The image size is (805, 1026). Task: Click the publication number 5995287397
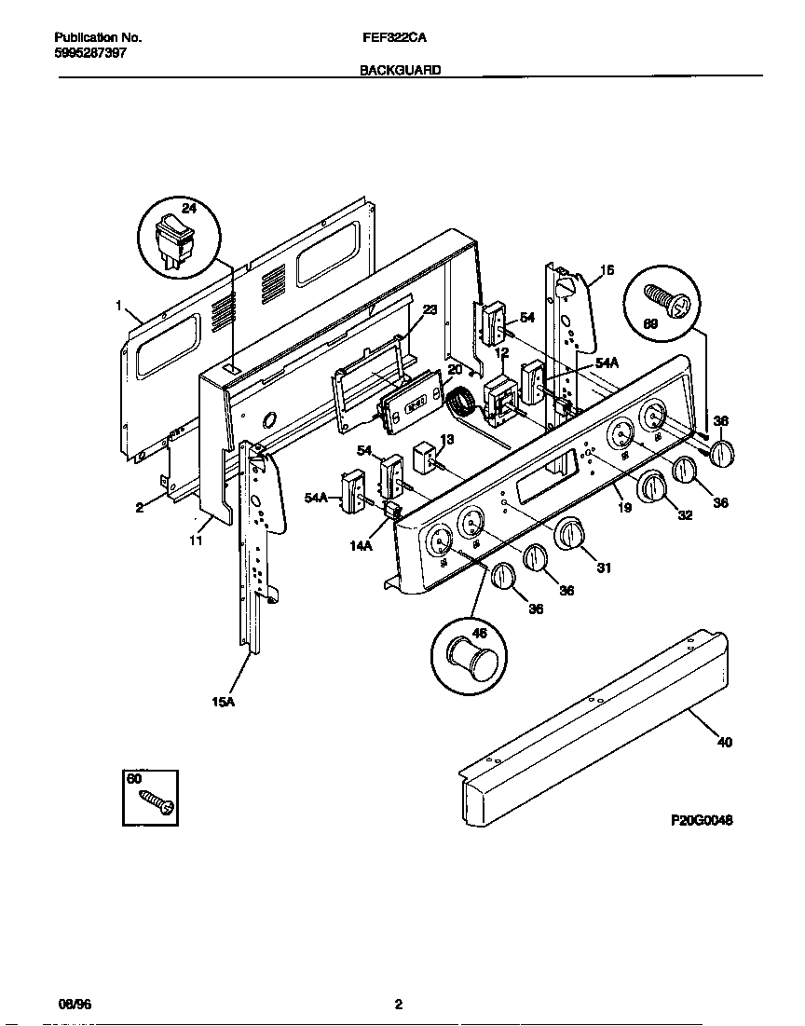coord(90,53)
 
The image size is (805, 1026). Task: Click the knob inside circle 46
coord(471,660)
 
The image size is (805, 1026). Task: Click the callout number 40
coord(724,743)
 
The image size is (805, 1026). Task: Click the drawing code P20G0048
coord(702,820)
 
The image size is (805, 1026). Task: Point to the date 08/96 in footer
coord(75,1005)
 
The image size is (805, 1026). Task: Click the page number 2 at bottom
coord(398,1005)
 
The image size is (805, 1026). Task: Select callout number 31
coord(604,568)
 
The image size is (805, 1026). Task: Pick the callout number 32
coord(685,514)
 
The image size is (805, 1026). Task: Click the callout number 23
coord(430,310)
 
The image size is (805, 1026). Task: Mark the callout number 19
coord(623,507)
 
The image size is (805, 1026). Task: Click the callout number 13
coord(447,439)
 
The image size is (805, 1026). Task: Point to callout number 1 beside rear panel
coord(119,305)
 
